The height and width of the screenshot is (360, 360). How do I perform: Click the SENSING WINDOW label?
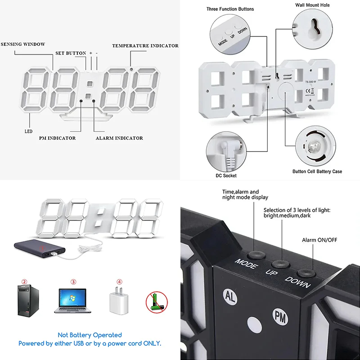pyautogui.click(x=23, y=44)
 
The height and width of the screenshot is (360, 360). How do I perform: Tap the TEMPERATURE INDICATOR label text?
pyautogui.click(x=145, y=46)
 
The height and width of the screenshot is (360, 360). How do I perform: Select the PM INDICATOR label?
pyautogui.click(x=57, y=138)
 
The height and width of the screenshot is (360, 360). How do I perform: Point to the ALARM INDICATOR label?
pyautogui.click(x=119, y=138)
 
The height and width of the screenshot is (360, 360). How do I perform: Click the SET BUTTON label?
pyautogui.click(x=71, y=53)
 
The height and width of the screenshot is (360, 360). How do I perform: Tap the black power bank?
pyautogui.click(x=40, y=249)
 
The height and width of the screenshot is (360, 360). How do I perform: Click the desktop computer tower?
pyautogui.click(x=28, y=301)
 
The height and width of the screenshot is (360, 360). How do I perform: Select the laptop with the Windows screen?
pyautogui.click(x=72, y=301)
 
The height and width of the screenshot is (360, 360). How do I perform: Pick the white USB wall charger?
pyautogui.click(x=119, y=301)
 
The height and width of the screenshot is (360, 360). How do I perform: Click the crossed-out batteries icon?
pyautogui.click(x=157, y=302)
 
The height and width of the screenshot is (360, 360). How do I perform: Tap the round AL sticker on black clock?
pyautogui.click(x=230, y=297)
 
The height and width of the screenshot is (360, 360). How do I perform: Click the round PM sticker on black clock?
pyautogui.click(x=280, y=317)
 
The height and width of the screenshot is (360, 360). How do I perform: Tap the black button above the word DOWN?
pyautogui.click(x=306, y=273)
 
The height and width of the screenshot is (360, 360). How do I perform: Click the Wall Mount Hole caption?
pyautogui.click(x=312, y=5)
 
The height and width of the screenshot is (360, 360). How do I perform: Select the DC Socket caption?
pyautogui.click(x=226, y=175)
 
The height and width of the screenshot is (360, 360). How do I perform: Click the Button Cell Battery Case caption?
pyautogui.click(x=317, y=171)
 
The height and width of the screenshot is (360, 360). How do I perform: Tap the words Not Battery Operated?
pyautogui.click(x=90, y=335)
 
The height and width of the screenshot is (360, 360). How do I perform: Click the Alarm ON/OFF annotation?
pyautogui.click(x=319, y=240)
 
